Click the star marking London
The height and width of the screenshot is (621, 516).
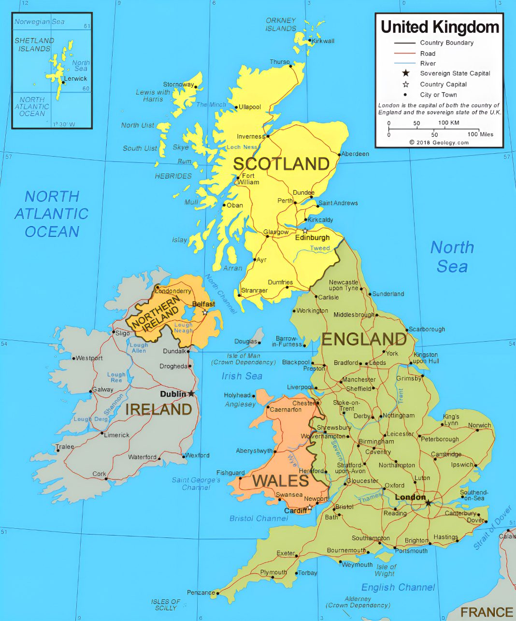point(428,503)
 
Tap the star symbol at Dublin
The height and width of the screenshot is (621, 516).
point(191,394)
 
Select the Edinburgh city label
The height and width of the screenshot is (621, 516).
point(312,238)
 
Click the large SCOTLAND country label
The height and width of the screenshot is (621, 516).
point(281,164)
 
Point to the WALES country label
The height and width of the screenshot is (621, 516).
point(280,481)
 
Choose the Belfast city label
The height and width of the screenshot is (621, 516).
point(203,304)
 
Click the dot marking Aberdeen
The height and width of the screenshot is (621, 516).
point(339,154)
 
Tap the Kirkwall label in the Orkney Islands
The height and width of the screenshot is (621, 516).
point(323,41)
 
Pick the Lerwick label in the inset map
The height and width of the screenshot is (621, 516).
point(76,78)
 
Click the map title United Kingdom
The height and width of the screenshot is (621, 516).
point(440,27)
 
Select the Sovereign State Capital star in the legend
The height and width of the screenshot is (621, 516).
point(406,73)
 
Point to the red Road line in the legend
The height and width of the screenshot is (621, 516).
point(404,53)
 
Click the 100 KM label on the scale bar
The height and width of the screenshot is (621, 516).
point(449,123)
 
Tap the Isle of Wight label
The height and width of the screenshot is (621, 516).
point(386,570)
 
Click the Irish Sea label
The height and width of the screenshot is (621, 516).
point(242,376)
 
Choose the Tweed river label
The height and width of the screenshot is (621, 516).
point(320,248)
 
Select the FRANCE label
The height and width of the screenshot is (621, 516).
point(486,612)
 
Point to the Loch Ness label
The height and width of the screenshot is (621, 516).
point(242,147)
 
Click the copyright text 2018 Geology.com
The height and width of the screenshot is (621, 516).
point(439,143)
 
